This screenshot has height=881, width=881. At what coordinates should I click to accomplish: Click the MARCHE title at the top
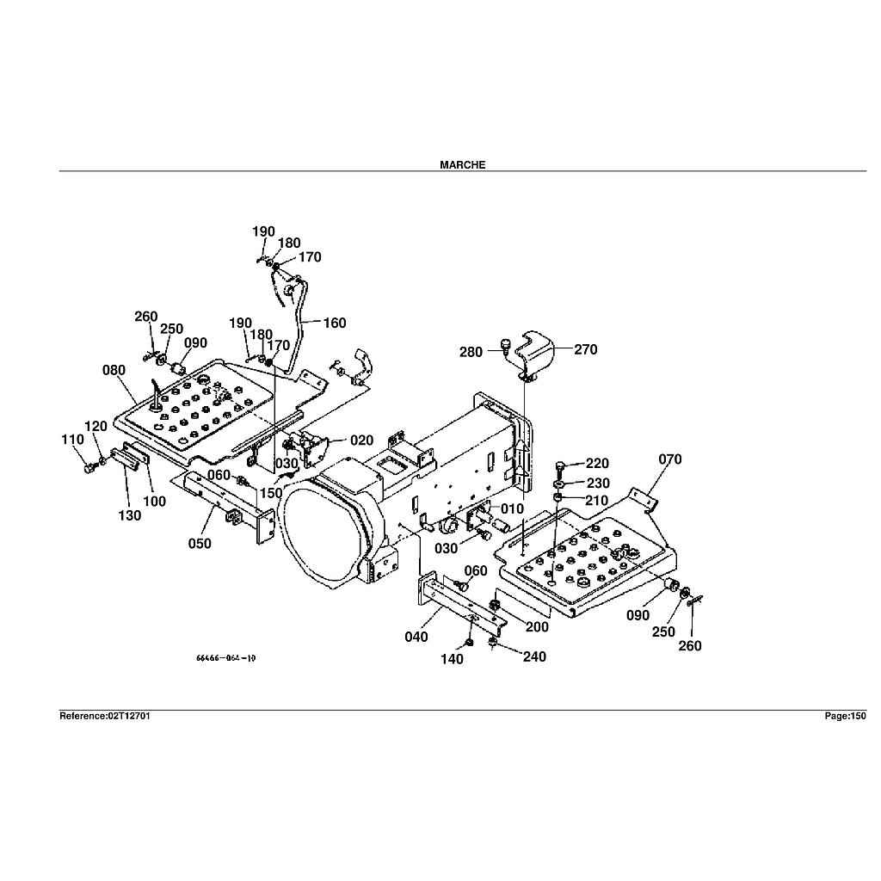(x=462, y=164)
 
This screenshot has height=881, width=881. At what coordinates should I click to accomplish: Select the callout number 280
(x=471, y=352)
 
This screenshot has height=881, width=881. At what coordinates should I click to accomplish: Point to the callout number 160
(x=335, y=323)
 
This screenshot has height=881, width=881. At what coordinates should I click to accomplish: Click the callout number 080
(x=114, y=371)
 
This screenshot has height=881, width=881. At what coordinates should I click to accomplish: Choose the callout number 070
(x=669, y=459)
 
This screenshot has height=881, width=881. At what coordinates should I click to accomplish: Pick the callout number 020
(x=362, y=440)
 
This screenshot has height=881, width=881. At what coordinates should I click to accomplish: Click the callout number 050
(x=200, y=543)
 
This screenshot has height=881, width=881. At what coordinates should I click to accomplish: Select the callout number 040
(x=416, y=638)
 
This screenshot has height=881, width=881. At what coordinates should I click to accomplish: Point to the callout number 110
(x=72, y=440)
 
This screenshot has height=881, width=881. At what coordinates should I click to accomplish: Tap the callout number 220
(x=597, y=465)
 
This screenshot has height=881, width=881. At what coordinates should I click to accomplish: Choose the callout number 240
(x=533, y=657)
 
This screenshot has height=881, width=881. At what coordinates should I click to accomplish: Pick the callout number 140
(x=452, y=659)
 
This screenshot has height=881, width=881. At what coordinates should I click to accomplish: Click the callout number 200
(x=537, y=627)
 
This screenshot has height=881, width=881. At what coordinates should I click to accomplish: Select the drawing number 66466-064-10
(x=225, y=658)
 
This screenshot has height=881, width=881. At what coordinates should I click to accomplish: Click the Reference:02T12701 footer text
(x=105, y=716)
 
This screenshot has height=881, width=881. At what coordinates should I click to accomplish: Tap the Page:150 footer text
(x=844, y=716)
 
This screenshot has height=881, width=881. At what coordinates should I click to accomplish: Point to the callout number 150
(x=272, y=493)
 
